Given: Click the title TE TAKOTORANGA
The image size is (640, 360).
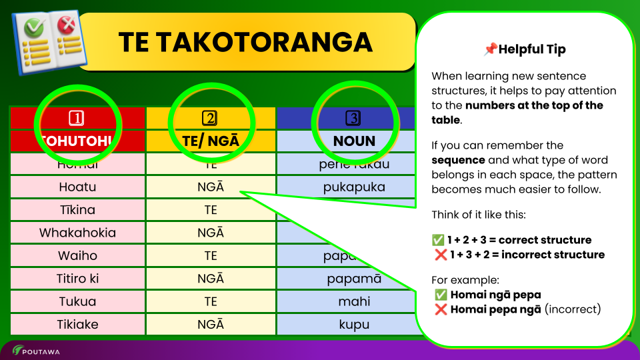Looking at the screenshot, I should coord(245,42).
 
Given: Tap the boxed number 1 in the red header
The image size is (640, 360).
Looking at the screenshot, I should coord(77,119).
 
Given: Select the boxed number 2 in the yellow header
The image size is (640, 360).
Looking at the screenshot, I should coord(210,119).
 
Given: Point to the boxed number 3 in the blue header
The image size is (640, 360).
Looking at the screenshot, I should coord(353,119).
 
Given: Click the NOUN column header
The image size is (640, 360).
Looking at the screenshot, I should coord(354,141).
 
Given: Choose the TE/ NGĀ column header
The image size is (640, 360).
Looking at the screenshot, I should coord(211,141).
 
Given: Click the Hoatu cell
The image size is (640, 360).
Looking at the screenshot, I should coord(77,187).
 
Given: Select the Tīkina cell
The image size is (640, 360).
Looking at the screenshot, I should coord(77,210).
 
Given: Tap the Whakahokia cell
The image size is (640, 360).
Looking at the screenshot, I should coord(77,233).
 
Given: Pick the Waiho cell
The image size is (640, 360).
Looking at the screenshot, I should coord(77,256).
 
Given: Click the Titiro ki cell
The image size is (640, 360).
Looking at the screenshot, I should coord(77,279).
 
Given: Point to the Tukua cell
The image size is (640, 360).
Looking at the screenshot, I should coord(77,301).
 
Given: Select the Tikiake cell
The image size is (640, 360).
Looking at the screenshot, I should coord(77,325).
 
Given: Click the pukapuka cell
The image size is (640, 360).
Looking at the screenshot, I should coord(354,187).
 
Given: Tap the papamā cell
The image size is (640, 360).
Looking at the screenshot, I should coord(354,279).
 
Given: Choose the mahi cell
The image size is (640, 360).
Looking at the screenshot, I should coord(354,301).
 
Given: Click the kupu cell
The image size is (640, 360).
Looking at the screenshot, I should coord(354,325).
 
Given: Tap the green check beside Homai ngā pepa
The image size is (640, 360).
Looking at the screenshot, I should coord(440,295).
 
